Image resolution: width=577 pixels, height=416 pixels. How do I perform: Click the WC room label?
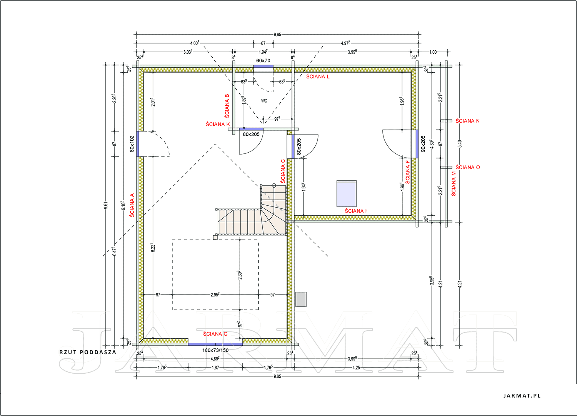(264, 101)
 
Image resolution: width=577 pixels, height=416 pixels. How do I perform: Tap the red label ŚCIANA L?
(318, 77)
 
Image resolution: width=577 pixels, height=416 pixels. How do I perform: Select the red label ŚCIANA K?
(218, 124)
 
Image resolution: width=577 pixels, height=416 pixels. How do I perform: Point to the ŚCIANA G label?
(215, 334)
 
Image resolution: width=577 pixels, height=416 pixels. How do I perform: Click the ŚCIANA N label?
(467, 121)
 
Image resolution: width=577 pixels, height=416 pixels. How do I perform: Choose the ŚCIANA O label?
(467, 167)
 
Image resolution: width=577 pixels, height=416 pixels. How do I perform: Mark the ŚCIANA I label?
(355, 211)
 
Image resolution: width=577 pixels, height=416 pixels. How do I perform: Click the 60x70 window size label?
(263, 61)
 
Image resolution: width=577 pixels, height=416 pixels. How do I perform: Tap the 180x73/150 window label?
(215, 350)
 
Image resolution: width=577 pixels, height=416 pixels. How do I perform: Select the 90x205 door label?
(423, 144)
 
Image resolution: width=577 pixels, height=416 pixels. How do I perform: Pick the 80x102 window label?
(132, 144)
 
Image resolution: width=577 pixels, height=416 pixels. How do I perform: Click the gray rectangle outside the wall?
(301, 300)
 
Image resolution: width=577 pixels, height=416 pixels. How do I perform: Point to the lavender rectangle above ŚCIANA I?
(347, 194)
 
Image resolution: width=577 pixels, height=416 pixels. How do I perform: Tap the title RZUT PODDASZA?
(88, 352)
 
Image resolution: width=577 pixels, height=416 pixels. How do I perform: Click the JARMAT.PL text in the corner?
(522, 396)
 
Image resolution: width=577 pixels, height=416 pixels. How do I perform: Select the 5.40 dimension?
(460, 144)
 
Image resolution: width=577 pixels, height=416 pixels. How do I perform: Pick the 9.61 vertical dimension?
(106, 205)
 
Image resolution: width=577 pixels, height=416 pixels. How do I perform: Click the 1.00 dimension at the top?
(433, 52)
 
